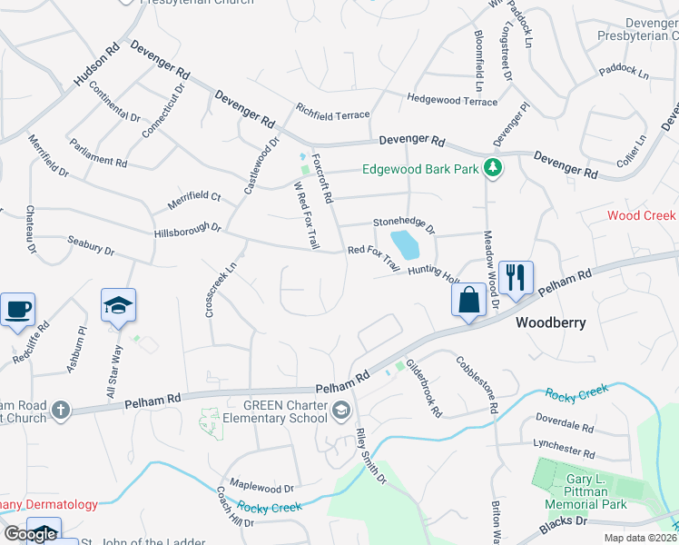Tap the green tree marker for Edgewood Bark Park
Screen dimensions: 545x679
493,167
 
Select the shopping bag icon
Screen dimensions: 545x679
468,301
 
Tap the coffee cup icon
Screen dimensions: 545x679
18,309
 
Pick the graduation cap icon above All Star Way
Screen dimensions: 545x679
118,305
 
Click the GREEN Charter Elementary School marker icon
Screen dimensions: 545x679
341,410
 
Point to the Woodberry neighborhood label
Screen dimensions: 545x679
549,322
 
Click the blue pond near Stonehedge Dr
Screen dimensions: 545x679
405,243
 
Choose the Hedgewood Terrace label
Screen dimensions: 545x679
452,100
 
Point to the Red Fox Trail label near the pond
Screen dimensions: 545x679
373,258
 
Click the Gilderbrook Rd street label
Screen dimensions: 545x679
424,388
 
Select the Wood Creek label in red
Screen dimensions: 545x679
642,215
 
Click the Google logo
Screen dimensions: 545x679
29,534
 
